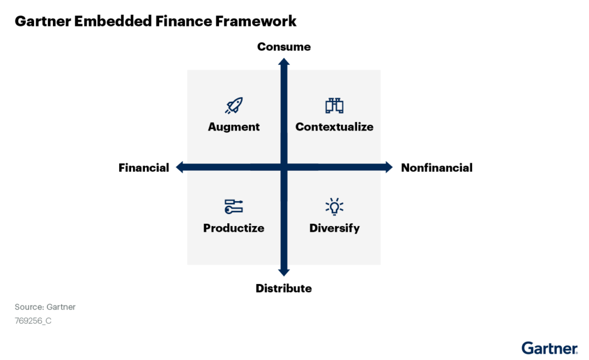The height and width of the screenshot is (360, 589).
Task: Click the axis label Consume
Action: tap(284, 47)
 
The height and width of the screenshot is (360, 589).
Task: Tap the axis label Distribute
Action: tap(284, 288)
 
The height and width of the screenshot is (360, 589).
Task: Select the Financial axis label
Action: tap(144, 168)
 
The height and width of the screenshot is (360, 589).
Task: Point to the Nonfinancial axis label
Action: tap(437, 168)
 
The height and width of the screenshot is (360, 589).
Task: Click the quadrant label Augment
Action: tap(234, 127)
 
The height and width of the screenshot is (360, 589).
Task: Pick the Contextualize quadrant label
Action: tap(334, 127)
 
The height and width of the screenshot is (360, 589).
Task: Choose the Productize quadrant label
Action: tap(234, 228)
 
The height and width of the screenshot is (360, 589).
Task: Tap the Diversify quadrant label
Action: tap(334, 228)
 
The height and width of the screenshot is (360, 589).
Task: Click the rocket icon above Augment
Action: tap(234, 105)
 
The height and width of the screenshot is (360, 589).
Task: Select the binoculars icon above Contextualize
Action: tap(334, 105)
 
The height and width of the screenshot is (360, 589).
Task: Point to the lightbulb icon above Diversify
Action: tap(334, 206)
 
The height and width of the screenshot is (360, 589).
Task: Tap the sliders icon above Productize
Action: tap(234, 206)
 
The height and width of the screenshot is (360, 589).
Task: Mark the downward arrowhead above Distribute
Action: tap(284, 271)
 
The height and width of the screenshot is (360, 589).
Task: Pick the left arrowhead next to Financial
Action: tap(179, 167)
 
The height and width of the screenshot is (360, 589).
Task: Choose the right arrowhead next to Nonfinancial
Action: tap(388, 167)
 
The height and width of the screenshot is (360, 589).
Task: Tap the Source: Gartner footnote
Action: tap(45, 307)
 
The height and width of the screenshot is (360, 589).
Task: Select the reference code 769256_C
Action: tap(33, 321)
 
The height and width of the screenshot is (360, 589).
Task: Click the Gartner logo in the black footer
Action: tap(549, 348)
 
